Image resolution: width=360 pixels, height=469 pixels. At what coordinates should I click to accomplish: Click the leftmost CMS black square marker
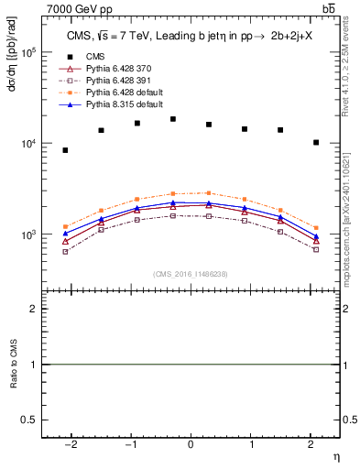click(65, 150)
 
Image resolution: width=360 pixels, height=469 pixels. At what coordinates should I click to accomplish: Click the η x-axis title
click(335, 455)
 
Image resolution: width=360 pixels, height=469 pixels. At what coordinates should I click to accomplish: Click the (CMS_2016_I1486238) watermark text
click(191, 274)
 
